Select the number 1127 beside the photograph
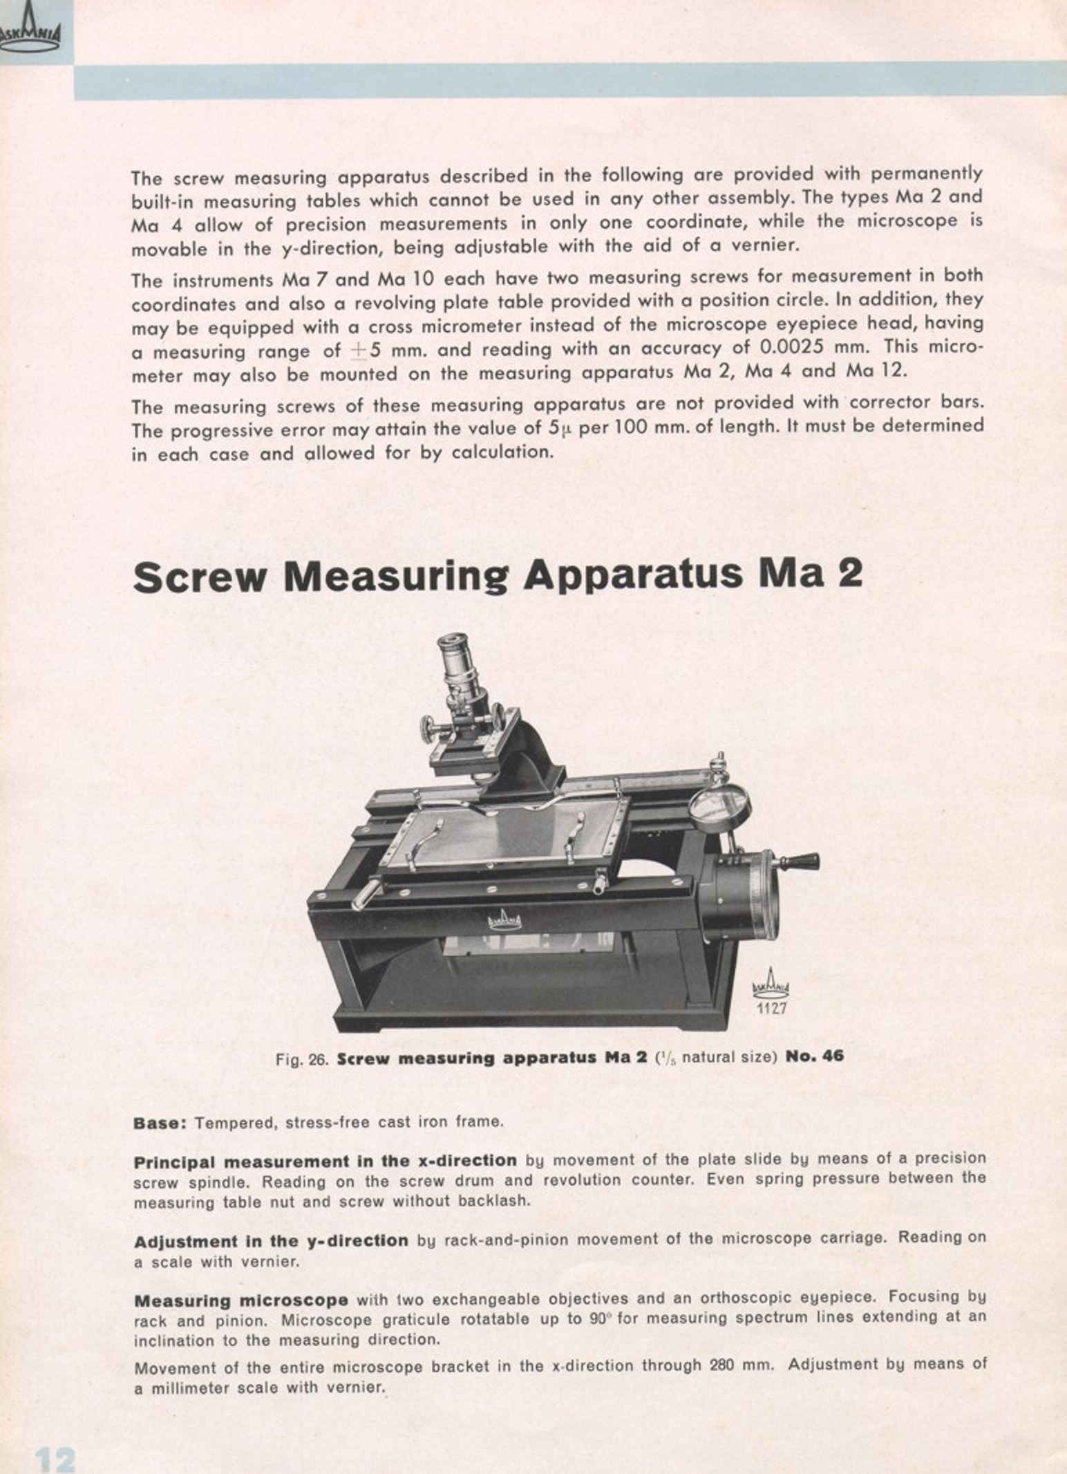(x=771, y=1009)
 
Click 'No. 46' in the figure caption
(x=815, y=1056)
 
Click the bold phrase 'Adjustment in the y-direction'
(x=271, y=1240)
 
